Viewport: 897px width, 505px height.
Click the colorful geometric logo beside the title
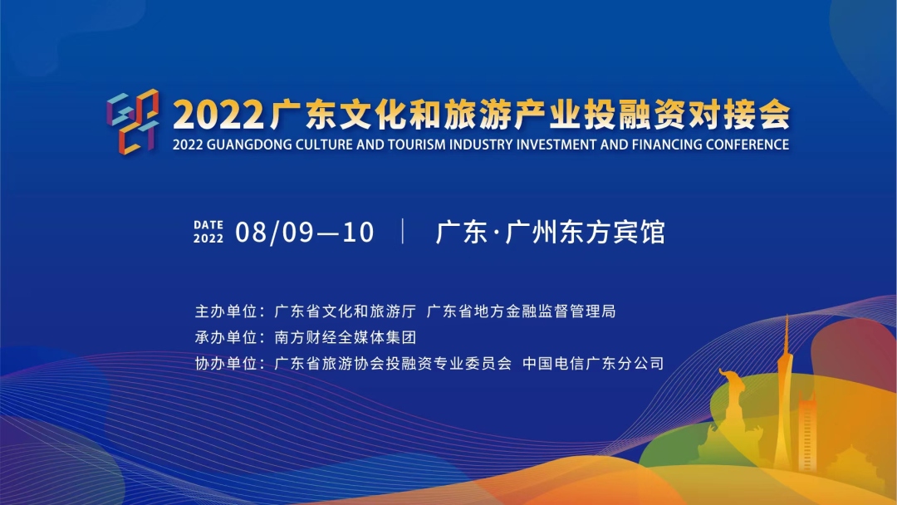click(133, 121)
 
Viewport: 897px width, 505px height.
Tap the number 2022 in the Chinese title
click(218, 115)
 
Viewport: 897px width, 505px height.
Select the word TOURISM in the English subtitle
click(416, 145)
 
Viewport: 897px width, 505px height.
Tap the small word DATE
click(208, 225)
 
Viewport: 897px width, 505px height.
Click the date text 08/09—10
click(305, 233)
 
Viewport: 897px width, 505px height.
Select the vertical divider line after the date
click(404, 231)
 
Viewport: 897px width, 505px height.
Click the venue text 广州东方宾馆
click(586, 233)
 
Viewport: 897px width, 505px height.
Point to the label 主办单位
click(226, 311)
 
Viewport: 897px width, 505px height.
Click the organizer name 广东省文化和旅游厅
click(345, 311)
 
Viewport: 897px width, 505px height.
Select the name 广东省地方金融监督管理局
click(521, 311)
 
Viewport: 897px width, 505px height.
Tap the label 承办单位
click(226, 337)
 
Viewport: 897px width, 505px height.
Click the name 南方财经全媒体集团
click(345, 337)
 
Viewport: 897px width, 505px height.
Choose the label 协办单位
click(226, 363)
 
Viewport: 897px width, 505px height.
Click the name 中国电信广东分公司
click(593, 363)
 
